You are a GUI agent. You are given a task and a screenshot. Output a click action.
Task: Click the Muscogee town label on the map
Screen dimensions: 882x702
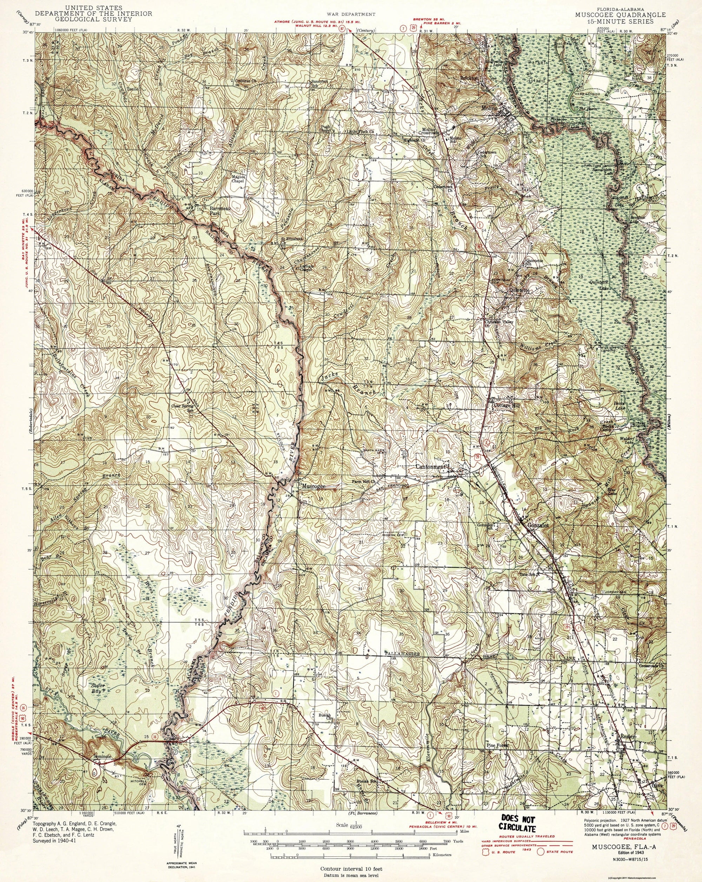tap(313, 487)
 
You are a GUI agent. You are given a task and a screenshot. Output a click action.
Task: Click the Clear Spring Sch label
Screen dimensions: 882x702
tap(182, 409)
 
